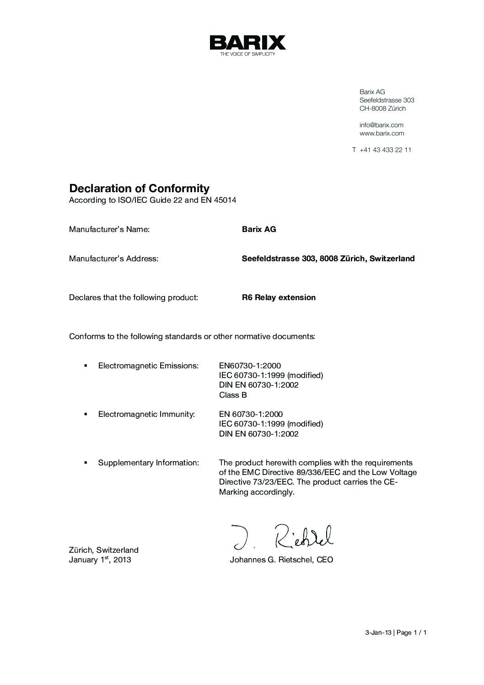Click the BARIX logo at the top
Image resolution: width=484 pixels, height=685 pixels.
click(247, 43)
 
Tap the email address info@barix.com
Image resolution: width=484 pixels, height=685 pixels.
click(381, 125)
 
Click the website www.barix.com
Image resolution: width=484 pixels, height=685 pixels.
click(382, 134)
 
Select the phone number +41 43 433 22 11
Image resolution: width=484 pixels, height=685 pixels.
click(385, 150)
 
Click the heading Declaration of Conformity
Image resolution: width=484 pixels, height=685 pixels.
click(139, 189)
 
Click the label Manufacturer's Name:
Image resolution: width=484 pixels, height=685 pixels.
click(109, 229)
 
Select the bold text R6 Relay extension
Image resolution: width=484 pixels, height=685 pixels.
click(279, 297)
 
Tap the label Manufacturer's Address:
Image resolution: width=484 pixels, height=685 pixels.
click(113, 259)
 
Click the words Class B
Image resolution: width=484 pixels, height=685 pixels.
click(233, 395)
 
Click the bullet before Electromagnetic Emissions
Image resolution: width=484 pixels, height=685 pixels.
click(86, 366)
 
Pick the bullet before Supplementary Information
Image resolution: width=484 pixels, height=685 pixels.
click(86, 463)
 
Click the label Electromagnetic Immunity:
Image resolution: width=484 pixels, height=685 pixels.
click(146, 415)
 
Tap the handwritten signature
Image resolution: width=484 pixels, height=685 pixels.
click(283, 537)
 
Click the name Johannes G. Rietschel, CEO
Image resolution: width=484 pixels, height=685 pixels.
click(281, 560)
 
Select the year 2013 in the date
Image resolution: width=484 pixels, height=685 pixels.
click(122, 560)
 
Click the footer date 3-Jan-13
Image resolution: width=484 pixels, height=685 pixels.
click(378, 633)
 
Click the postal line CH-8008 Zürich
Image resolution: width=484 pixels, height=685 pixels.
click(382, 109)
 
